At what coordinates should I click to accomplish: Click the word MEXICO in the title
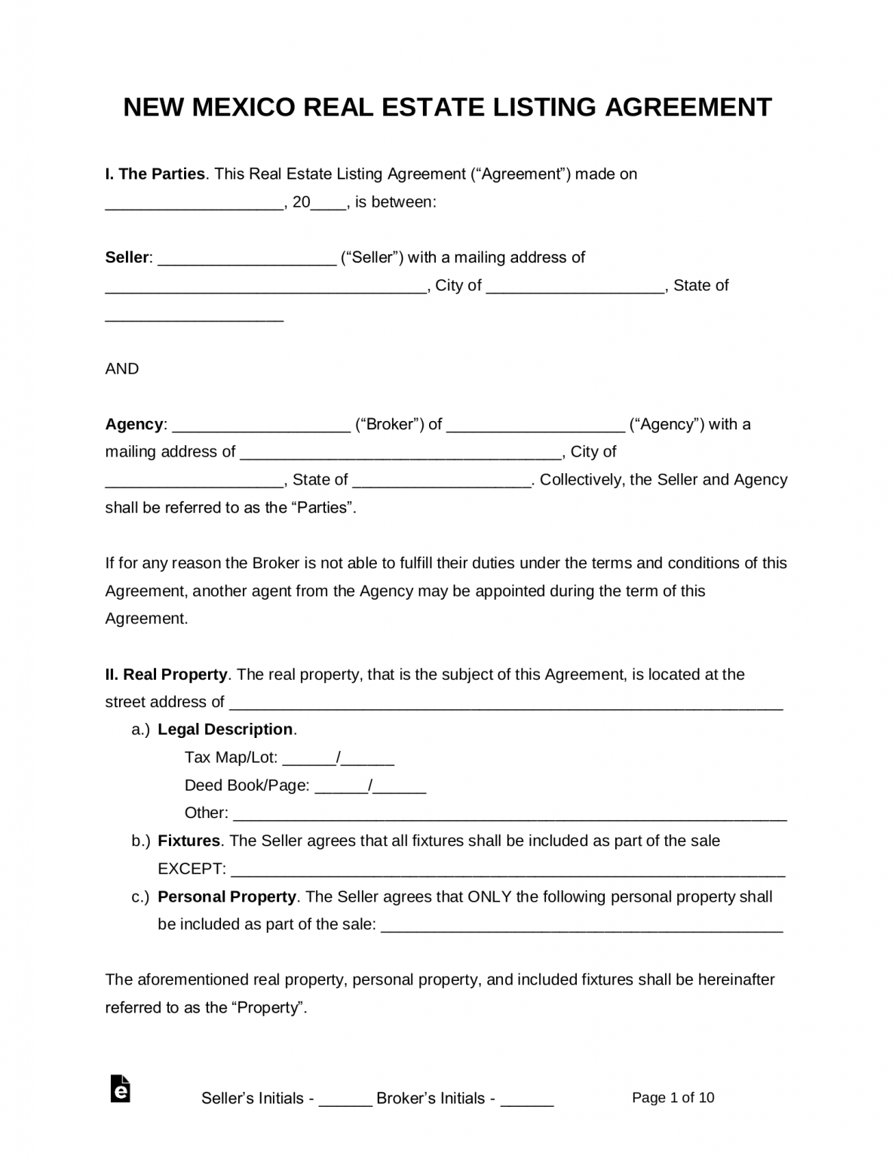pos(244,107)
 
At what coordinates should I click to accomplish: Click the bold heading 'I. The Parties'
pos(155,174)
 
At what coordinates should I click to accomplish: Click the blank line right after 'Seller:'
pos(247,259)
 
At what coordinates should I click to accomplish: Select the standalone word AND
pos(122,369)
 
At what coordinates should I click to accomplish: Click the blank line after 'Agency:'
pos(262,426)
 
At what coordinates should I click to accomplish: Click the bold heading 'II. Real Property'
pos(166,675)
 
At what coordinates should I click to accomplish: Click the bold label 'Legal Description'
pos(225,730)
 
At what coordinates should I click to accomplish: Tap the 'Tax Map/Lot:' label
pos(231,758)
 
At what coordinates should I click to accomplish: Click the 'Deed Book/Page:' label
pos(247,785)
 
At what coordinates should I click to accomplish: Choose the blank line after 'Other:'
pos(510,815)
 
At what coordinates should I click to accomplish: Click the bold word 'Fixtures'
pos(189,841)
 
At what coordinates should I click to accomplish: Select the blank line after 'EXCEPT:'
pos(507,871)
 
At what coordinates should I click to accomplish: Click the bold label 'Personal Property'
pos(226,897)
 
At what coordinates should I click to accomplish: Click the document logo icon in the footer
pos(120,1090)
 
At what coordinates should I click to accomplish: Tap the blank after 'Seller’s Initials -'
pos(345,1100)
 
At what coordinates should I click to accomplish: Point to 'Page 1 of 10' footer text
pos(673,1098)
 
